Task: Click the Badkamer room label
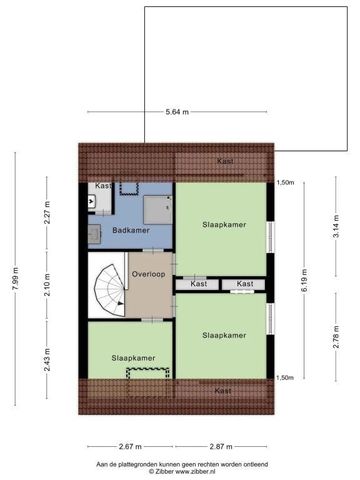coord(130,231)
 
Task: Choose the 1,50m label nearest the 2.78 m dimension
coord(284,378)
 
